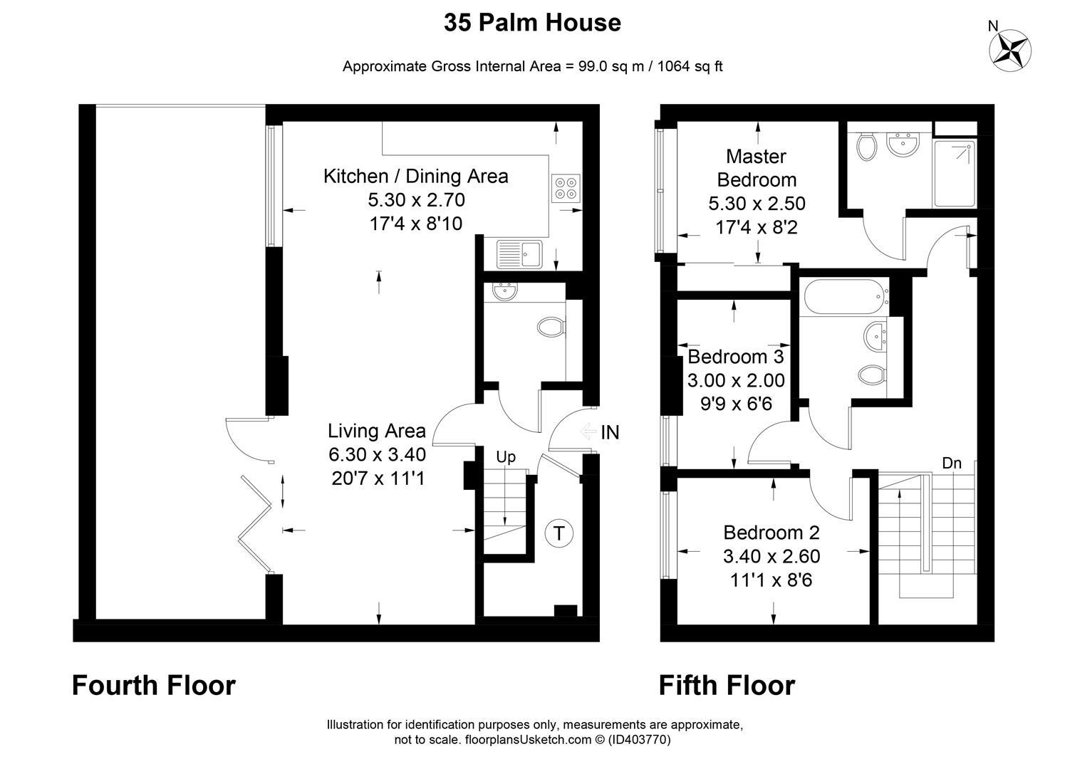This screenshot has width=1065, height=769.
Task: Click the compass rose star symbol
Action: (x=1010, y=51)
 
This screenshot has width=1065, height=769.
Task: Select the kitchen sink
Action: (x=519, y=253)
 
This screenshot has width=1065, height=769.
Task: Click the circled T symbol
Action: (x=559, y=533)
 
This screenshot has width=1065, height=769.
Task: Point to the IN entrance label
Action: (x=610, y=432)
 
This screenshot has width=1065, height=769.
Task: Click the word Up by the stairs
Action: (x=505, y=456)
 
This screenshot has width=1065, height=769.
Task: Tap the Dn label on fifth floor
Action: (x=952, y=463)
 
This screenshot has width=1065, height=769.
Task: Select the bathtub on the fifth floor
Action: (x=844, y=297)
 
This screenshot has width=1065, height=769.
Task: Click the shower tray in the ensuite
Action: (x=954, y=174)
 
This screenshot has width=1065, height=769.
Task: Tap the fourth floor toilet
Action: (x=551, y=327)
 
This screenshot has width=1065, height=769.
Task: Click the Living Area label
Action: (x=377, y=431)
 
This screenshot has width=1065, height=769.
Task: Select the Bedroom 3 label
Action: (x=735, y=357)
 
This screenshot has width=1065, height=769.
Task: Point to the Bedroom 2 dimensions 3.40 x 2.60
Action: (x=772, y=556)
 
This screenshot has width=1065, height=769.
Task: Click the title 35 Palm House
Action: (x=533, y=22)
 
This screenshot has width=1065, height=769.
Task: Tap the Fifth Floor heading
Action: (x=727, y=686)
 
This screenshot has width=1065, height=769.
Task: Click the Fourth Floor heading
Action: (x=154, y=686)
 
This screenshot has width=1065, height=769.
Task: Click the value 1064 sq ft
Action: (x=690, y=66)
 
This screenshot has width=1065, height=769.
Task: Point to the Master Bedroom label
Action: (x=757, y=168)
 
